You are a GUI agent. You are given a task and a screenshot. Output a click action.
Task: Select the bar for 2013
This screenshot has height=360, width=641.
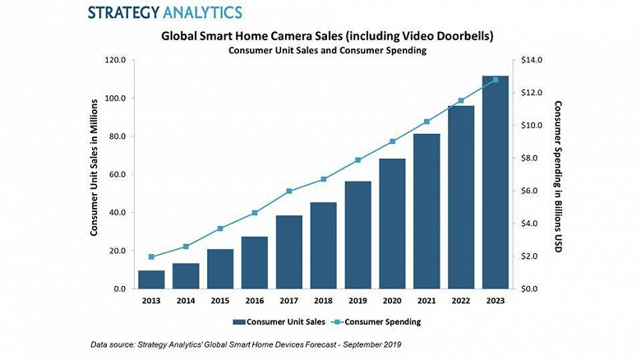[151, 279]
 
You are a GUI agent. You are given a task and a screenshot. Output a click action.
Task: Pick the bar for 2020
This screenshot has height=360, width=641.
[392, 224]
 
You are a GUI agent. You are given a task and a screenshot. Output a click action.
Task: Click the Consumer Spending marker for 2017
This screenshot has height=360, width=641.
[289, 192]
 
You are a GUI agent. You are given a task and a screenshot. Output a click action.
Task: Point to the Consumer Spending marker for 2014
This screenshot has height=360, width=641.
[186, 247]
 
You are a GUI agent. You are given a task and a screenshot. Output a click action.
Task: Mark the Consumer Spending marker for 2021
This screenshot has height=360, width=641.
[427, 122]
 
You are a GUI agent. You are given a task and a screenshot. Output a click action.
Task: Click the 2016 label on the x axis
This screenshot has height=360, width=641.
[254, 302]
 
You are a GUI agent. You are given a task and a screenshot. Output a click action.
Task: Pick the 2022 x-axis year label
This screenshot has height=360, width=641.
[460, 302]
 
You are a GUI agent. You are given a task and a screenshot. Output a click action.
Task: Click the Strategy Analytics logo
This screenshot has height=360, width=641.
[164, 12]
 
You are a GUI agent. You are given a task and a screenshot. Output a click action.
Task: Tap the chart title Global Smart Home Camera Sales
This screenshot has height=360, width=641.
[327, 36]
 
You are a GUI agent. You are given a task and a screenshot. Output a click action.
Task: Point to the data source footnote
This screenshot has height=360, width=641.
[247, 344]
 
